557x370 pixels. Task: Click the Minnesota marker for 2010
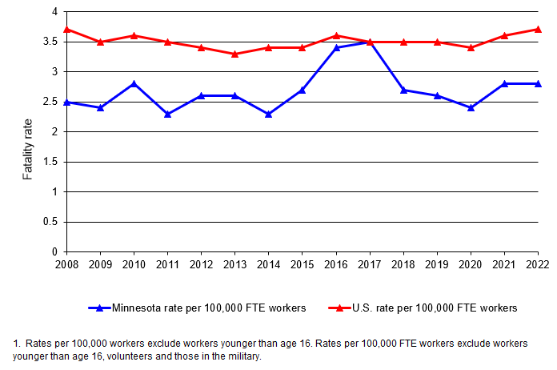click(x=134, y=83)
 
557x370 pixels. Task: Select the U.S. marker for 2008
click(x=67, y=30)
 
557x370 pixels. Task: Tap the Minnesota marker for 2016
click(x=336, y=47)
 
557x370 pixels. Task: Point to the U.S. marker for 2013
click(x=235, y=54)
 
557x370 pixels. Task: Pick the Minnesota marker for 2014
click(x=269, y=114)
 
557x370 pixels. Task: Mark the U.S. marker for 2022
click(x=538, y=30)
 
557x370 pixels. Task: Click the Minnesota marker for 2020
click(x=471, y=107)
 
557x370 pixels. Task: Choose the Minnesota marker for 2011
click(x=168, y=114)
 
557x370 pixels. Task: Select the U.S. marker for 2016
click(x=336, y=35)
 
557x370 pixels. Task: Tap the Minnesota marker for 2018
click(x=403, y=90)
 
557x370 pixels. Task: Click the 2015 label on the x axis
click(x=303, y=262)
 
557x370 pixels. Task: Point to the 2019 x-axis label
click(x=437, y=262)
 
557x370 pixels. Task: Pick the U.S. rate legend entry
click(x=423, y=308)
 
